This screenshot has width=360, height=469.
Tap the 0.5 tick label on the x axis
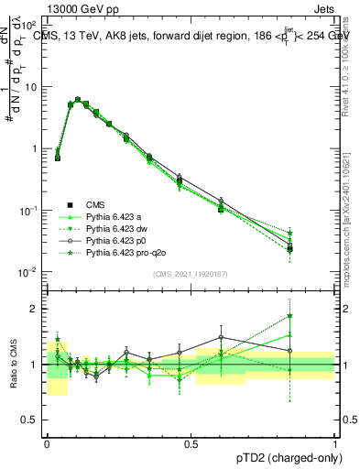[x=191, y=442]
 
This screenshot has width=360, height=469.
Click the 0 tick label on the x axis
[x=47, y=442]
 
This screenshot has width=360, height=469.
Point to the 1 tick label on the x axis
[x=335, y=442]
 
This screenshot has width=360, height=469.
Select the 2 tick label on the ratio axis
[x=35, y=309]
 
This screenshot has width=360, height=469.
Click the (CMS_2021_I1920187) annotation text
[x=191, y=273]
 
